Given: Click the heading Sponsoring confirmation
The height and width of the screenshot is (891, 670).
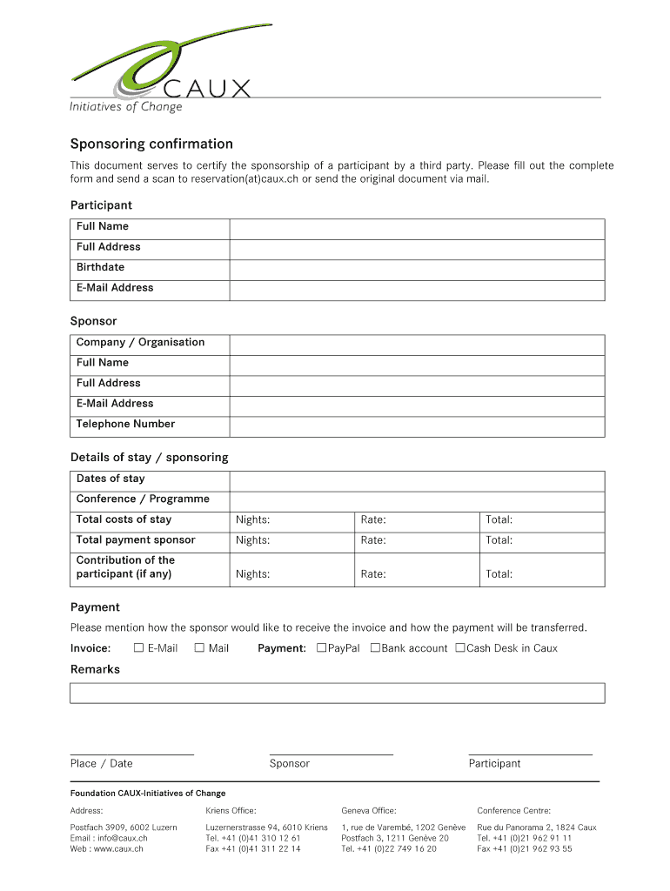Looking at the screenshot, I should click(151, 144).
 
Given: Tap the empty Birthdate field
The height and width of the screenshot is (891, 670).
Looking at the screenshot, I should click(417, 267).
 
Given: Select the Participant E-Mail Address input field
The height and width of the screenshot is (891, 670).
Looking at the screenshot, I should click(417, 288).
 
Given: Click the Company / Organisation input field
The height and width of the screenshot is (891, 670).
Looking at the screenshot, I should click(417, 343).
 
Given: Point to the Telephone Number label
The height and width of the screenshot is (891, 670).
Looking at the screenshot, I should click(125, 425).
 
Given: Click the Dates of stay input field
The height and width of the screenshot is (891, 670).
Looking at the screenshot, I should click(417, 479).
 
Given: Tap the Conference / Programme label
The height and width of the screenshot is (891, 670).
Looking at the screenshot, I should click(143, 499).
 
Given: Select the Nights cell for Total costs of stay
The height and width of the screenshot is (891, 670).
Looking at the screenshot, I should click(291, 520).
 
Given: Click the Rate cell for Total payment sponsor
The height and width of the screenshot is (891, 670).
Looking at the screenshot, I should click(417, 540).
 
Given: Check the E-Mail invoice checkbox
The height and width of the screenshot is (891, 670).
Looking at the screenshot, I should click(138, 648).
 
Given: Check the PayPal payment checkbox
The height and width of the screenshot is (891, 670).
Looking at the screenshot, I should click(321, 648).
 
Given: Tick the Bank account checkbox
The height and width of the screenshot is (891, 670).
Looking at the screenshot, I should click(375, 648).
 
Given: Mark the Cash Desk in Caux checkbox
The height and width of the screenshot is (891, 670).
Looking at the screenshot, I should click(460, 648).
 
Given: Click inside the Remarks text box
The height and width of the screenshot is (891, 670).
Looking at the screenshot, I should click(337, 693).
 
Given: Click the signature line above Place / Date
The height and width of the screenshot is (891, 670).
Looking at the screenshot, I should click(131, 754).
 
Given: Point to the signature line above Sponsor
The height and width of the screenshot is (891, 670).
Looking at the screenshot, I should click(331, 754).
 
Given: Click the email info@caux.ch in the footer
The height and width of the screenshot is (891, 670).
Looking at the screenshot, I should click(109, 838).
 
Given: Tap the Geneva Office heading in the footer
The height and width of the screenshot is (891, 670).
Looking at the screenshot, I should click(368, 811).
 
